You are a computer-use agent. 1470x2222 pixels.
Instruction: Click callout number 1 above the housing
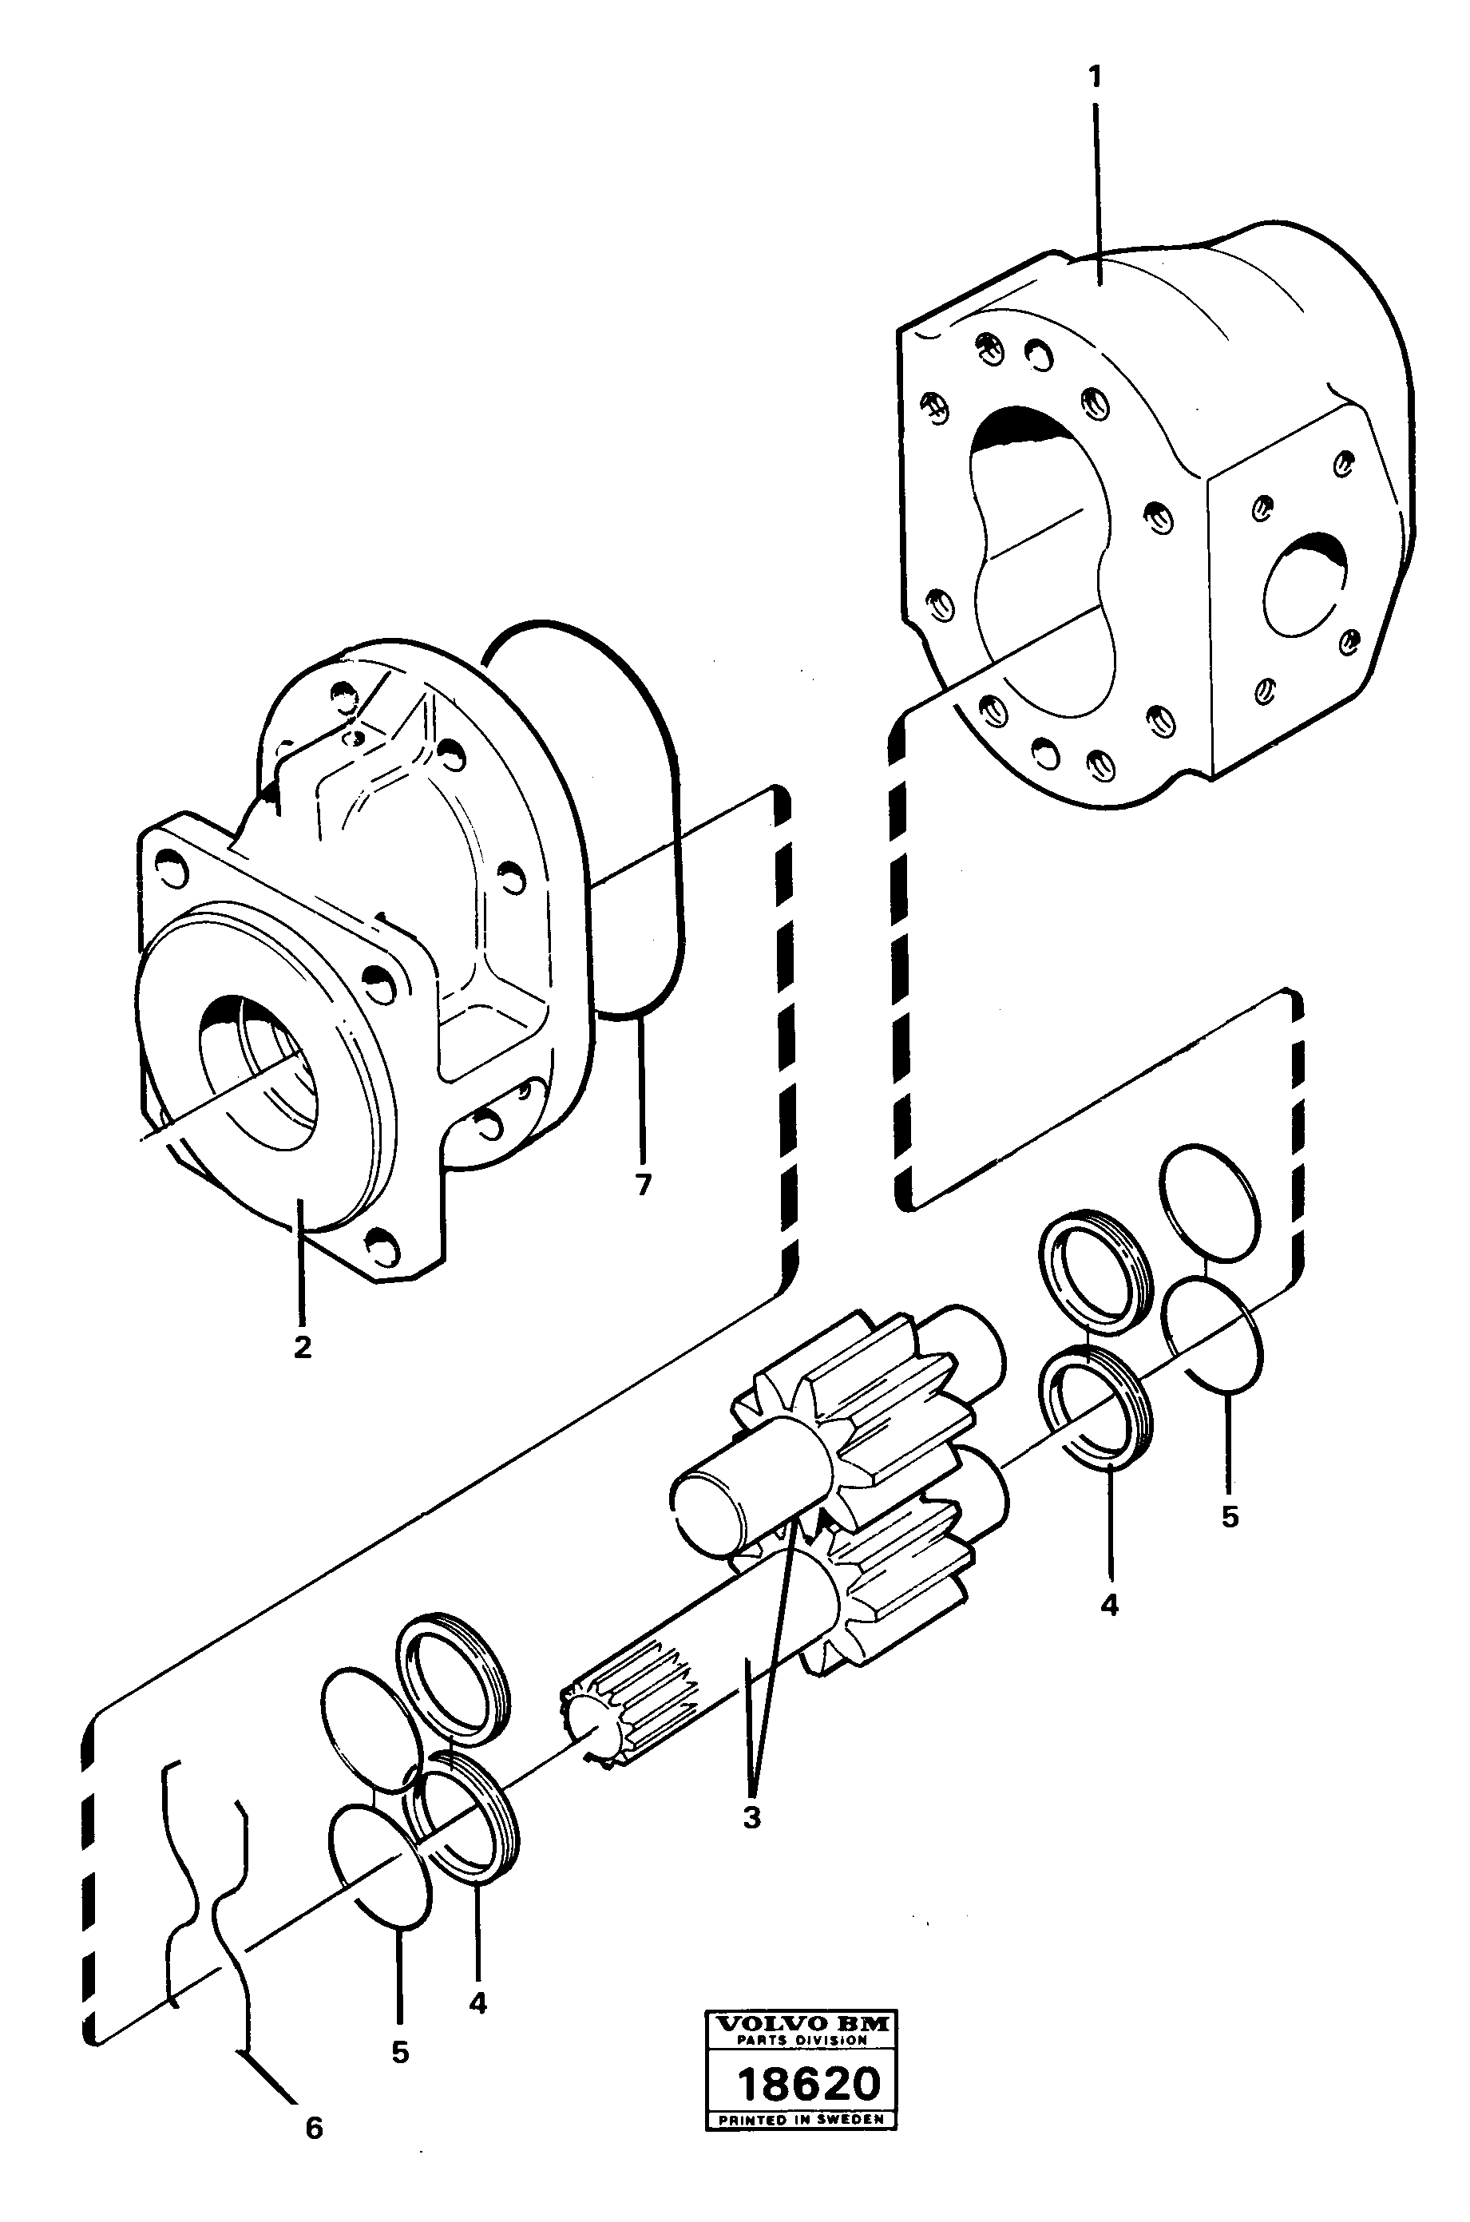[1094, 77]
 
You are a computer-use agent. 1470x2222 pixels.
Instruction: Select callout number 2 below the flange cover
[302, 1348]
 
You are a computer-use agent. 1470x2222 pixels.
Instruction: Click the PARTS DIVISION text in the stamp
[802, 2039]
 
